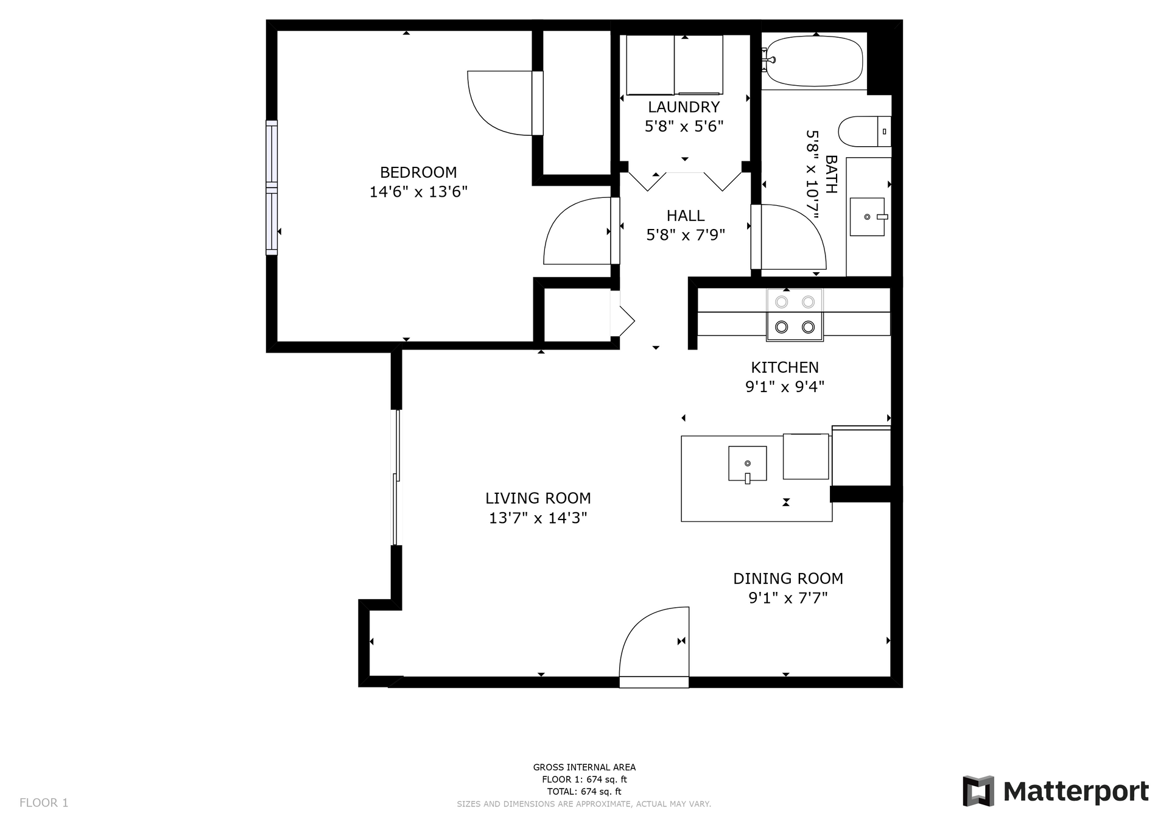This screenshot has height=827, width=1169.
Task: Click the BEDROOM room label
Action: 418,172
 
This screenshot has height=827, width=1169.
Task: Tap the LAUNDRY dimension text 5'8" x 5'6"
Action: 684,127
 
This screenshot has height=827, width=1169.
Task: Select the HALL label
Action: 686,216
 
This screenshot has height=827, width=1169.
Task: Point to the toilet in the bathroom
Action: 865,132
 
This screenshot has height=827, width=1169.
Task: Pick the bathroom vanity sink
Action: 867,217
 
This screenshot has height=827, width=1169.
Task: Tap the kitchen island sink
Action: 748,464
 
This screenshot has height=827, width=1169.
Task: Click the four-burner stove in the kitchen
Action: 795,314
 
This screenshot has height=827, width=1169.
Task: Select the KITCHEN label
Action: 785,367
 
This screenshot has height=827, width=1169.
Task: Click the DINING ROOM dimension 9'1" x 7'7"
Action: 788,598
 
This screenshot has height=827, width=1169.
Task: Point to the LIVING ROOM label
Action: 538,498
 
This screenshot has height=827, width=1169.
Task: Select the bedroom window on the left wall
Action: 272,188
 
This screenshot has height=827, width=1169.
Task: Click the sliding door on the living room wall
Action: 396,477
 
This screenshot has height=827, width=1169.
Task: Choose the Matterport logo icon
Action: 978,791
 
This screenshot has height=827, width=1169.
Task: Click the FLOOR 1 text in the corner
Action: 44,803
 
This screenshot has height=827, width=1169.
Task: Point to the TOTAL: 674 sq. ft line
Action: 584,792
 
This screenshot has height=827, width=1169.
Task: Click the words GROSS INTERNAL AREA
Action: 584,767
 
